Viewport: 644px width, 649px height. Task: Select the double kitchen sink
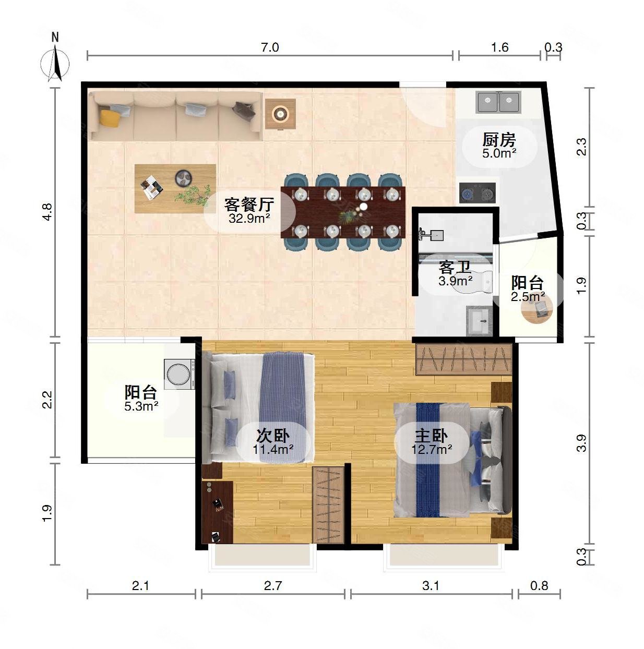498,103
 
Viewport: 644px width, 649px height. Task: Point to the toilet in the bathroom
483,282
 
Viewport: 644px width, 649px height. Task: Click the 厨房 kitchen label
499,140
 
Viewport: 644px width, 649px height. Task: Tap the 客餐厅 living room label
249,204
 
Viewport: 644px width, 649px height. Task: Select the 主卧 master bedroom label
431,436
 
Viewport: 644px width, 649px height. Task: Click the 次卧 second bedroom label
272,436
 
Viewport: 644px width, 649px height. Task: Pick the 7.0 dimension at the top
270,47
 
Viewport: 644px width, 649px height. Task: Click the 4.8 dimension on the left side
47,212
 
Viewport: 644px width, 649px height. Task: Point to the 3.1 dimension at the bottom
431,586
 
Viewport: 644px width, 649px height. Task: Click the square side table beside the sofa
280,114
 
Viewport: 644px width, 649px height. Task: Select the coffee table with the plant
175,188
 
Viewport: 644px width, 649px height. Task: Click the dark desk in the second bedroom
217,511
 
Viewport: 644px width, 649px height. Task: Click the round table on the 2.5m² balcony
538,310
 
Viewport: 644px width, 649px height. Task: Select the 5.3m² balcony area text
141,406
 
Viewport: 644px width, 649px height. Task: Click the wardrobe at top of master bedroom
463,359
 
